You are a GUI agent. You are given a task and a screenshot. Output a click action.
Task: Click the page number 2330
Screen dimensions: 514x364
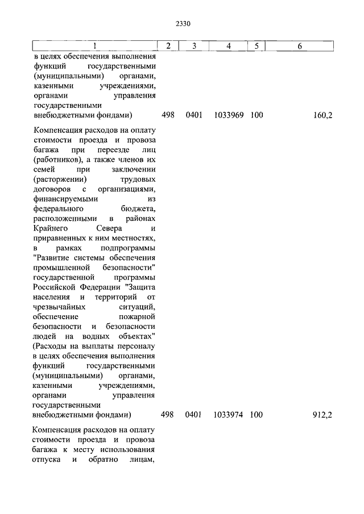(x=182, y=24)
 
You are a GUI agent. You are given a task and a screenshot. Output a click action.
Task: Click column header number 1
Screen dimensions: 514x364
(x=94, y=46)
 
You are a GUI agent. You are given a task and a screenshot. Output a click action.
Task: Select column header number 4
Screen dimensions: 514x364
(x=229, y=46)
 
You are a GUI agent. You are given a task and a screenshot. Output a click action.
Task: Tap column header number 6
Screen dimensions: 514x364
(x=299, y=46)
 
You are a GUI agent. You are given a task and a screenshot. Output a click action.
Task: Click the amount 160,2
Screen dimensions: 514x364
(x=322, y=115)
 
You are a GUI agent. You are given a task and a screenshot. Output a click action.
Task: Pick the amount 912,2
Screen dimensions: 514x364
(x=322, y=415)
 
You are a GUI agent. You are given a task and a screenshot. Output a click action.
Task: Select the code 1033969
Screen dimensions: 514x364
(x=229, y=115)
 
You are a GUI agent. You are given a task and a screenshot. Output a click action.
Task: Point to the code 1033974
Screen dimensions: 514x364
(x=229, y=415)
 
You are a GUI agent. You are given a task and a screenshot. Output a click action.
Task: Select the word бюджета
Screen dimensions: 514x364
(x=138, y=209)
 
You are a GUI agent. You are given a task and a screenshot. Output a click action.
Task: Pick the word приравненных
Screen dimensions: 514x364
(x=61, y=239)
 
